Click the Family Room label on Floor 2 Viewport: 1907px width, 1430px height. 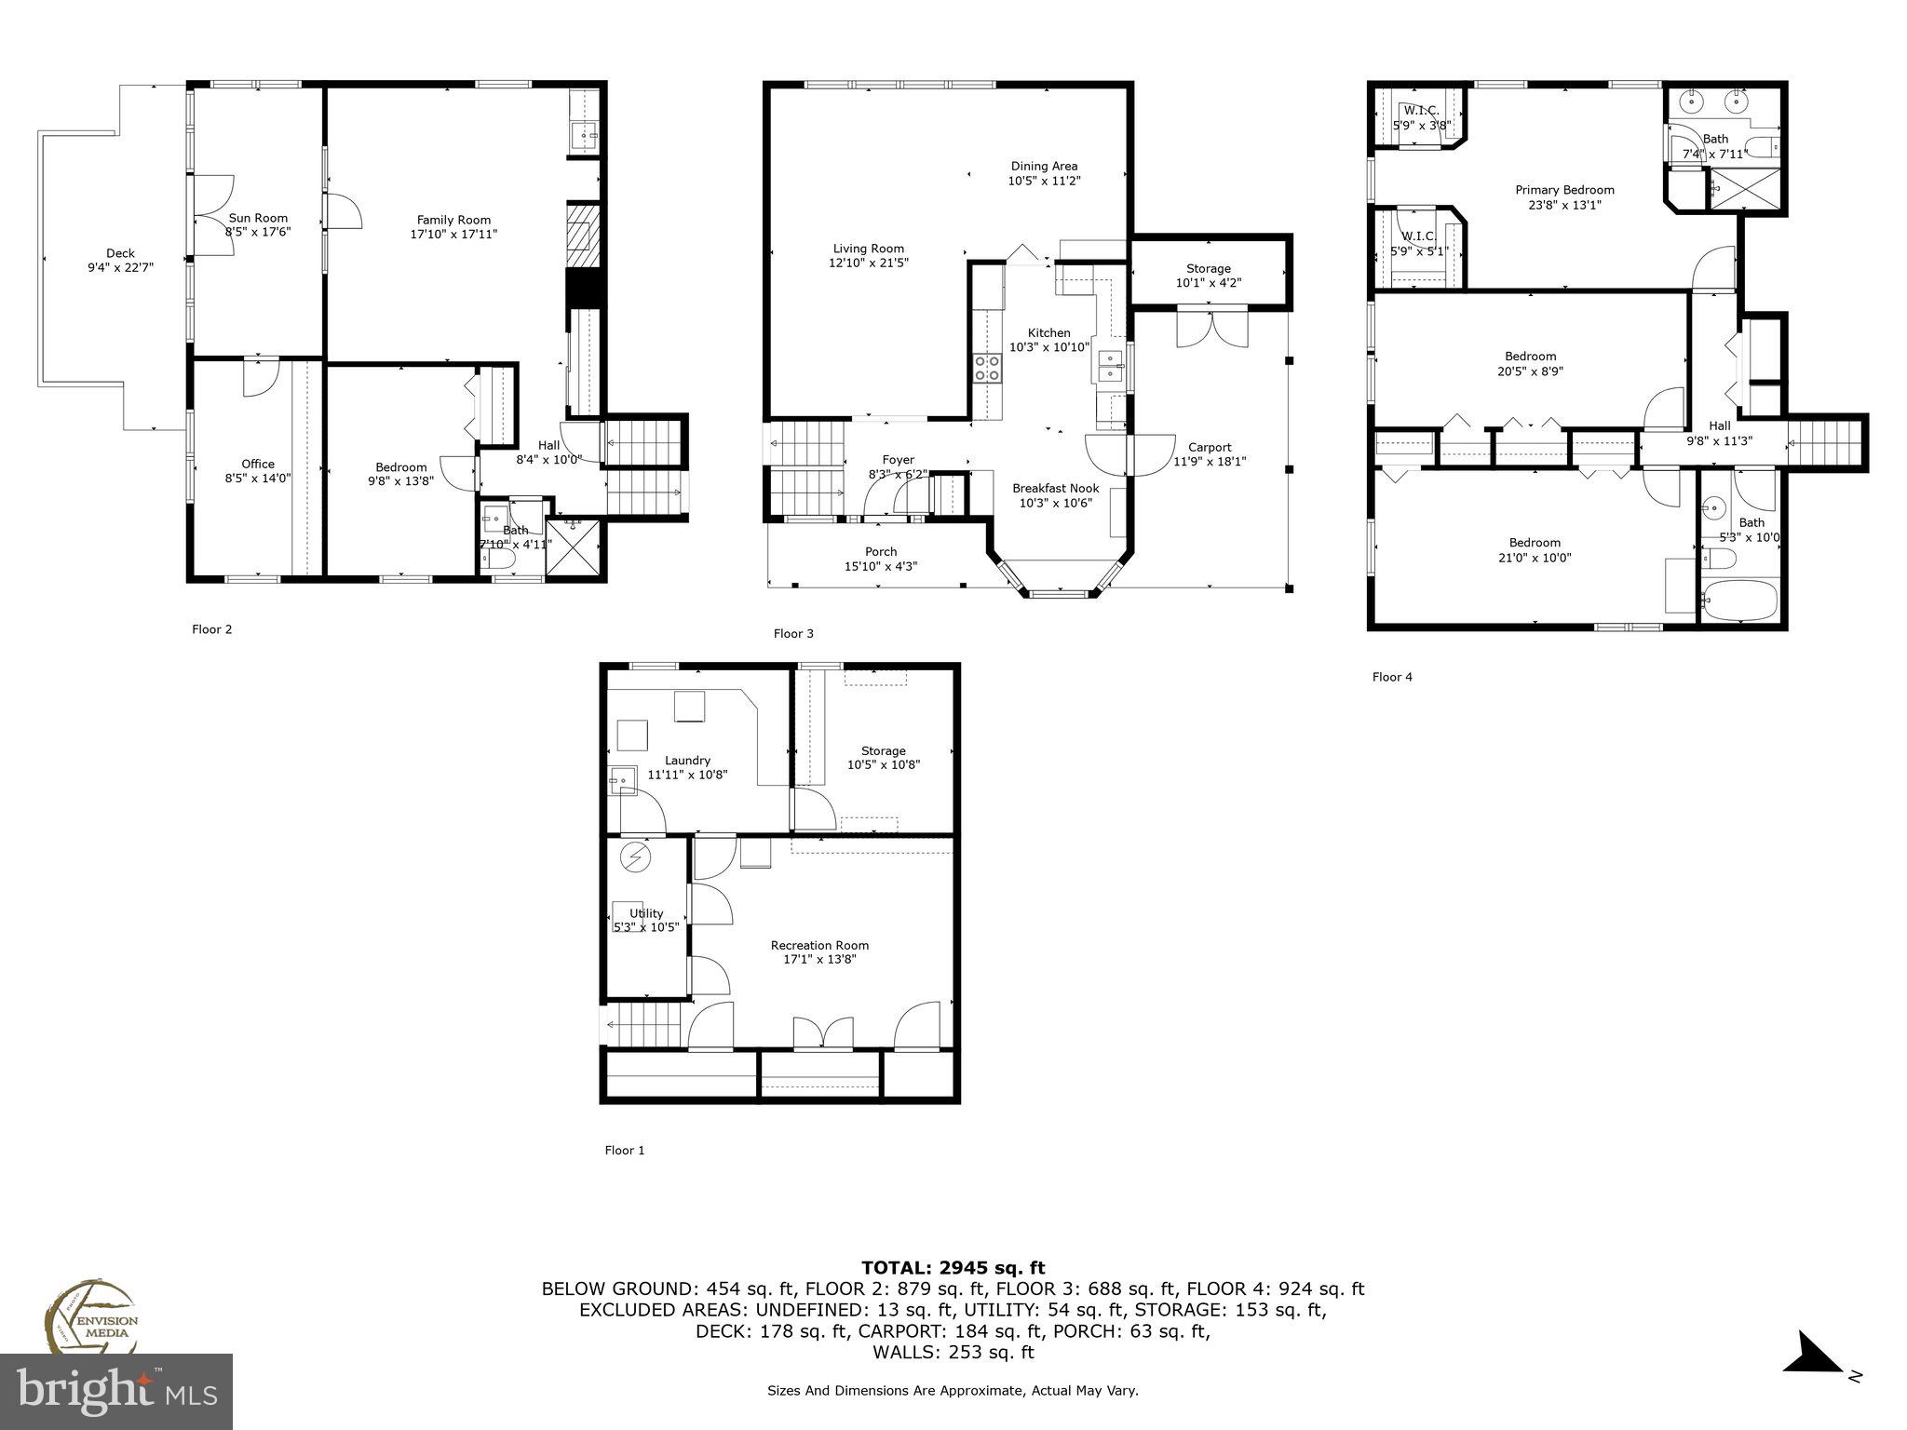453,221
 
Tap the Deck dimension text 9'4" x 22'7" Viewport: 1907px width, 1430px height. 120,267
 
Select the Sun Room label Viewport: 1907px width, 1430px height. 258,218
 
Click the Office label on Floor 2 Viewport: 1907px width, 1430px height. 258,464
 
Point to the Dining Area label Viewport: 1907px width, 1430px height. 1044,166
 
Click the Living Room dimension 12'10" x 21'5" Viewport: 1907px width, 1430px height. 869,263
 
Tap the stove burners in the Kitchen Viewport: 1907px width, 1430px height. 988,369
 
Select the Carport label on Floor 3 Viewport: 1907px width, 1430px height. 1209,447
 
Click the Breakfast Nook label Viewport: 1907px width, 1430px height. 1055,488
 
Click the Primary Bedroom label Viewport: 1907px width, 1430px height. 1564,190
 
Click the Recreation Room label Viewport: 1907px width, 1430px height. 819,945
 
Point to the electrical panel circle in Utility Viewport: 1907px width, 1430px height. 637,857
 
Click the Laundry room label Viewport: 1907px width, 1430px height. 687,761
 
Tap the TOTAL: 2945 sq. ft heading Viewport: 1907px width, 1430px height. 953,1267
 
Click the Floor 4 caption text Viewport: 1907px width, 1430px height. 1391,677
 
